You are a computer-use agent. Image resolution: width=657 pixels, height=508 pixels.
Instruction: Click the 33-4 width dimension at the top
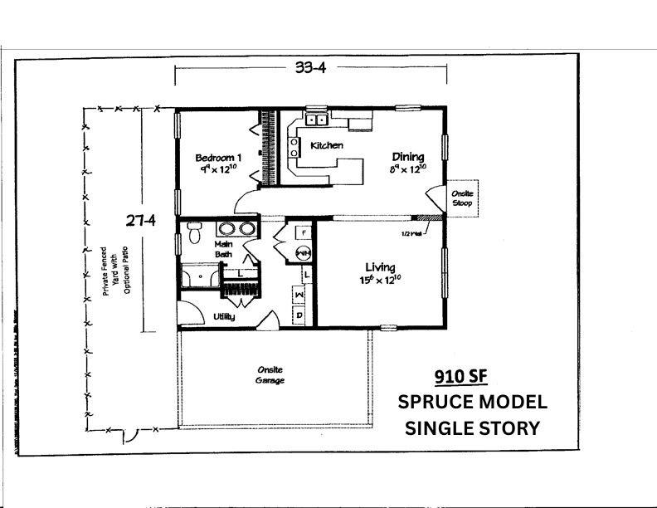tap(310, 69)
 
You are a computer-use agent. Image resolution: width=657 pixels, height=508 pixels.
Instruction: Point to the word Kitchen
tap(326, 146)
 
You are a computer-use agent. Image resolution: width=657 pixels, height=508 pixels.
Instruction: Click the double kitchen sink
tap(317, 120)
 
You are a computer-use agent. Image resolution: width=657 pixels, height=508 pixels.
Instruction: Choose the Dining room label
tap(407, 157)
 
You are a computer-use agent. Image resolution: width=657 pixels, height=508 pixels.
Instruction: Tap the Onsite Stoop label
tap(462, 198)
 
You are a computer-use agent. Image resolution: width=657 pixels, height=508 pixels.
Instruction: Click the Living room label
tap(381, 266)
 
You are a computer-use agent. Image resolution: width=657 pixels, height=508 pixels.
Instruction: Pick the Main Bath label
tap(224, 249)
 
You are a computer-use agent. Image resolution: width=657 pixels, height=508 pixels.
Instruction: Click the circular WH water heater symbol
tap(303, 252)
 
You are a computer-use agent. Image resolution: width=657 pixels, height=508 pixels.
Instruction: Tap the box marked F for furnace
tap(304, 232)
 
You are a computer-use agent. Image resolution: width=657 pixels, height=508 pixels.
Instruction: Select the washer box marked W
tap(299, 294)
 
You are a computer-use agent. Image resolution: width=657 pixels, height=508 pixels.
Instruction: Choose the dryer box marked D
tap(299, 315)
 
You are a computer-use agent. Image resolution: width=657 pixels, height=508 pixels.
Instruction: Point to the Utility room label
tap(224, 316)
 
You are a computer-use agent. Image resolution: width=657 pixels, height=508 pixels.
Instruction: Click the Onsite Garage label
tap(269, 375)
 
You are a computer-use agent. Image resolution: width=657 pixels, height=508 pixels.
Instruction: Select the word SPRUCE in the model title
tap(436, 403)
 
